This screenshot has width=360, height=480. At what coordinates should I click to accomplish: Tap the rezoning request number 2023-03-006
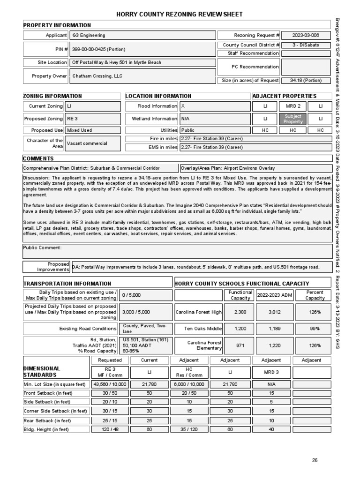[305, 35]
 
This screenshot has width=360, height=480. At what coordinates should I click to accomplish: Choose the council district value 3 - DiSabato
[305, 45]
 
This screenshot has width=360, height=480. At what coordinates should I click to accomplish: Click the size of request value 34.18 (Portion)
[306, 81]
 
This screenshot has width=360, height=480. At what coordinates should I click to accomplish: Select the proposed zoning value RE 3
[72, 119]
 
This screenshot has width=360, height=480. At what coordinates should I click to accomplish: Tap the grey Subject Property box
[293, 119]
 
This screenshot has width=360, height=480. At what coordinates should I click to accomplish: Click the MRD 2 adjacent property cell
[293, 106]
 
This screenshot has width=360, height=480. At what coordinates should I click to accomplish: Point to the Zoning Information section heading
[52, 96]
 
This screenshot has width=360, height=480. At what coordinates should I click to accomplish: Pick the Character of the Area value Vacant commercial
[87, 143]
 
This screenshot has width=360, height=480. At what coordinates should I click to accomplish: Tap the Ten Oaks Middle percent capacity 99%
[315, 329]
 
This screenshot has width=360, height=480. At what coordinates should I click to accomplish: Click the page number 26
[315, 460]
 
